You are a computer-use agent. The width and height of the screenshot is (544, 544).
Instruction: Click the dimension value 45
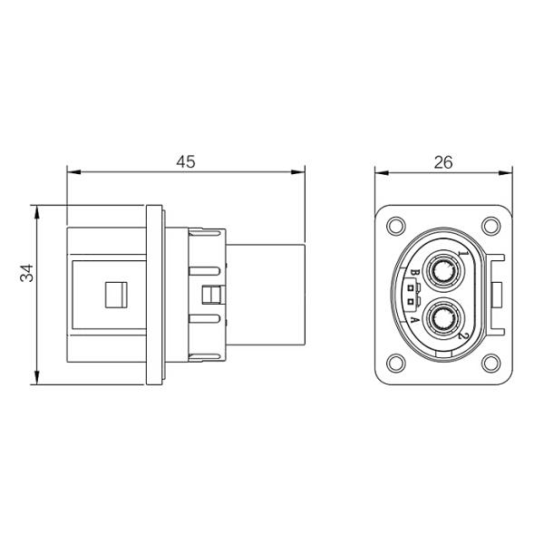tap(186, 161)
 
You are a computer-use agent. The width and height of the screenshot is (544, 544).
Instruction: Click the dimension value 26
tap(443, 162)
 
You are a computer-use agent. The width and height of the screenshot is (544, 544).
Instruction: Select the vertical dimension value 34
tap(28, 272)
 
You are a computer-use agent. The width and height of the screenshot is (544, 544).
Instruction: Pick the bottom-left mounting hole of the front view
tap(394, 364)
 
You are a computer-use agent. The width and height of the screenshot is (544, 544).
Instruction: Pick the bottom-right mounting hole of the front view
tap(491, 364)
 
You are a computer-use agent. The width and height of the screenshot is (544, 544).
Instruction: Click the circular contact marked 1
tap(443, 270)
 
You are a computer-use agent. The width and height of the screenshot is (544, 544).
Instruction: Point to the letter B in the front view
tap(413, 273)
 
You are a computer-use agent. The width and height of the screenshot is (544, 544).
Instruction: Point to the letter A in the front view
tap(413, 319)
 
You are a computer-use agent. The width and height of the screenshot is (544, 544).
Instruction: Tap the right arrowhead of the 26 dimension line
tap(508, 170)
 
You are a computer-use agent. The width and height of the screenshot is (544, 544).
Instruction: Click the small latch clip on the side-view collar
tap(214, 295)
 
